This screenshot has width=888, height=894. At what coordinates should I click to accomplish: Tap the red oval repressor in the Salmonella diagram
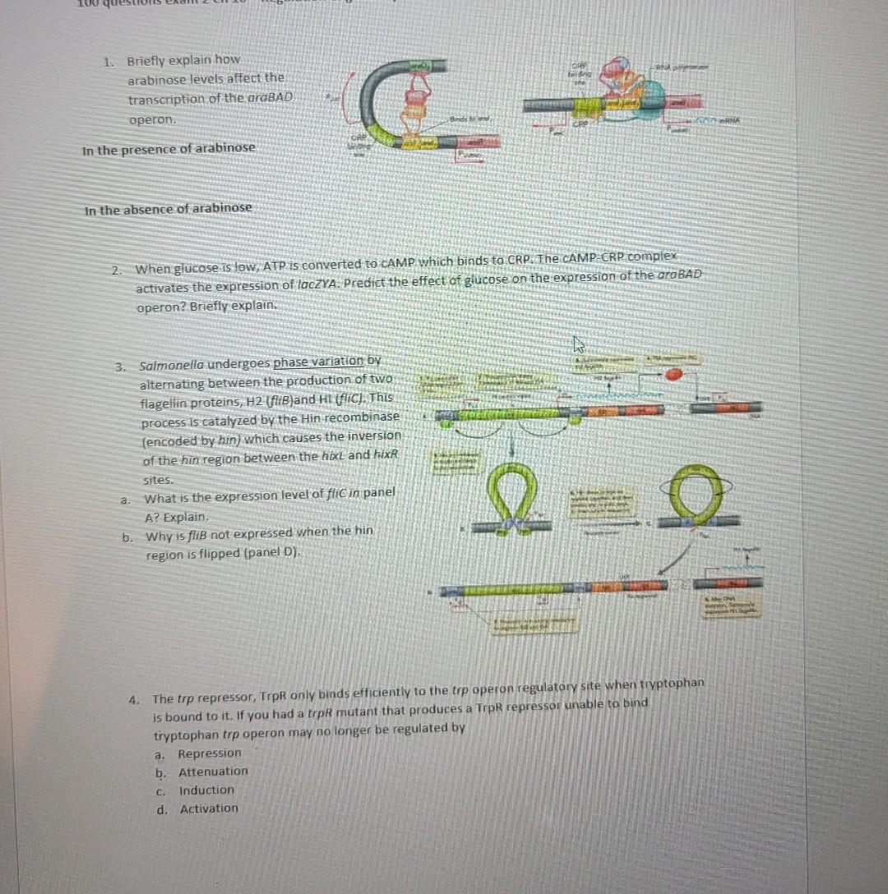[674, 376]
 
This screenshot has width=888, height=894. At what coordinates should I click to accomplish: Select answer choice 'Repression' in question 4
[210, 753]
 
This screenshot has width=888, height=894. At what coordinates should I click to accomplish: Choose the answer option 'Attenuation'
[213, 771]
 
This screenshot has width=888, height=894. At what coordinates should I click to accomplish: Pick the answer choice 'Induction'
[206, 790]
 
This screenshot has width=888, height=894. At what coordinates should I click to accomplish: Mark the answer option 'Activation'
[209, 808]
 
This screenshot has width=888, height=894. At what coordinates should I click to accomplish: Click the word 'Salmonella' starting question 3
[172, 364]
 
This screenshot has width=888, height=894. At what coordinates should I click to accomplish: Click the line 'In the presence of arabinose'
[169, 148]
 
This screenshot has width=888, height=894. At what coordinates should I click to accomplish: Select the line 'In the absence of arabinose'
[168, 208]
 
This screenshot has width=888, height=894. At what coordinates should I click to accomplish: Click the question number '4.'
[133, 699]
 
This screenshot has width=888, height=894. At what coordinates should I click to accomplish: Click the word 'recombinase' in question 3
[365, 417]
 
